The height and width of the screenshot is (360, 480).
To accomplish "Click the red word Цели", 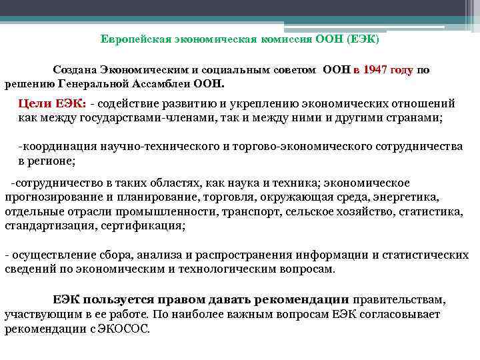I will point(33,103).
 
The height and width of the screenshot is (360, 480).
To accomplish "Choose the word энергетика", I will point(405,197).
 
